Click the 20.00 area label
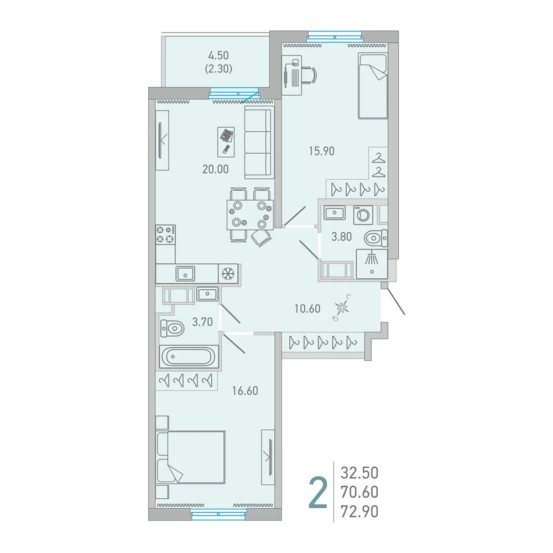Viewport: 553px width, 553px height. click(x=216, y=169)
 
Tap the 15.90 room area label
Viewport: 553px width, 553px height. click(x=322, y=151)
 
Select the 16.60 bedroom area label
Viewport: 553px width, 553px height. click(x=245, y=391)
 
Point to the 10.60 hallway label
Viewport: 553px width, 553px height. click(x=307, y=309)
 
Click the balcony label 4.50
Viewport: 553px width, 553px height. click(x=218, y=55)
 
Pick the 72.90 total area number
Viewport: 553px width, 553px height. click(x=359, y=512)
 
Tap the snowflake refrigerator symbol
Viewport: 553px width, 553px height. click(x=228, y=273)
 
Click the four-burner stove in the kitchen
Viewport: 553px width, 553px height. click(x=165, y=234)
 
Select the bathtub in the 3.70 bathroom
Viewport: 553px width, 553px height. click(x=189, y=357)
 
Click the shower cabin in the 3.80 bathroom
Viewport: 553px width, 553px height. click(x=372, y=264)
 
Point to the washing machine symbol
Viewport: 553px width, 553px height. click(x=363, y=215)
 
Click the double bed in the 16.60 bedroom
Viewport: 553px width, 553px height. click(x=190, y=457)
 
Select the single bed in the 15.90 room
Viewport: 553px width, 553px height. click(x=373, y=86)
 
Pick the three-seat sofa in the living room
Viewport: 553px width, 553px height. click(x=259, y=143)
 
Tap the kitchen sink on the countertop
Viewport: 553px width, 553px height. click(x=185, y=273)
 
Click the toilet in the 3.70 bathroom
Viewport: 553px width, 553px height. click(x=173, y=328)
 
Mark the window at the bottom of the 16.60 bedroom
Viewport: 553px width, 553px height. click(x=218, y=514)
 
